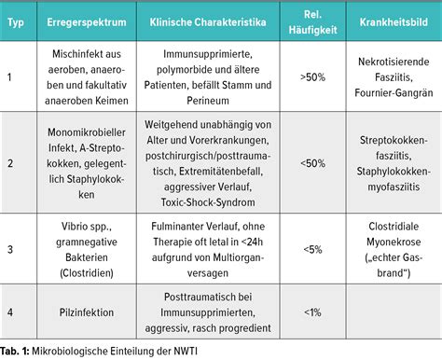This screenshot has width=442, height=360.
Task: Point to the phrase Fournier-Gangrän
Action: [x=390, y=94]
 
